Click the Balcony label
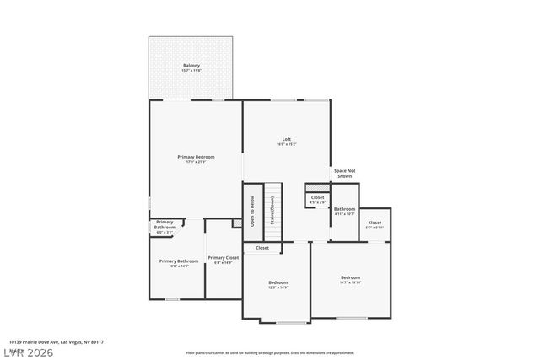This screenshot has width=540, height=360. (192, 66)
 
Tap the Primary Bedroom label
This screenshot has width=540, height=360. (196, 157)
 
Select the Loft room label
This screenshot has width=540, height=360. (287, 139)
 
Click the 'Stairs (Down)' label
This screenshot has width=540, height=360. (273, 207)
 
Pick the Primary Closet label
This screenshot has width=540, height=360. (224, 257)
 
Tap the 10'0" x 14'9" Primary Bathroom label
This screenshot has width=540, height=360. (178, 261)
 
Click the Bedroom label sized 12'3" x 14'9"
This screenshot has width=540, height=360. (278, 282)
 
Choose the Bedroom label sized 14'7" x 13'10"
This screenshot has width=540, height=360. (351, 277)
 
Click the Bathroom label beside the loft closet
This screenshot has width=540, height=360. (344, 209)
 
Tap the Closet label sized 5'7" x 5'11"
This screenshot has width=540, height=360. (375, 223)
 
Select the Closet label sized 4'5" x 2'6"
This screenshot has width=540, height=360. (317, 197)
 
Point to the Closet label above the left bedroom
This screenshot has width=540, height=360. (262, 248)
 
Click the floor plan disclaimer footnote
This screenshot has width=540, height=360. (270, 353)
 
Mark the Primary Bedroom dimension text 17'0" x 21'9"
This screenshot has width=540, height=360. (196, 162)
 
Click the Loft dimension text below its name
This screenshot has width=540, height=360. (287, 144)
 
